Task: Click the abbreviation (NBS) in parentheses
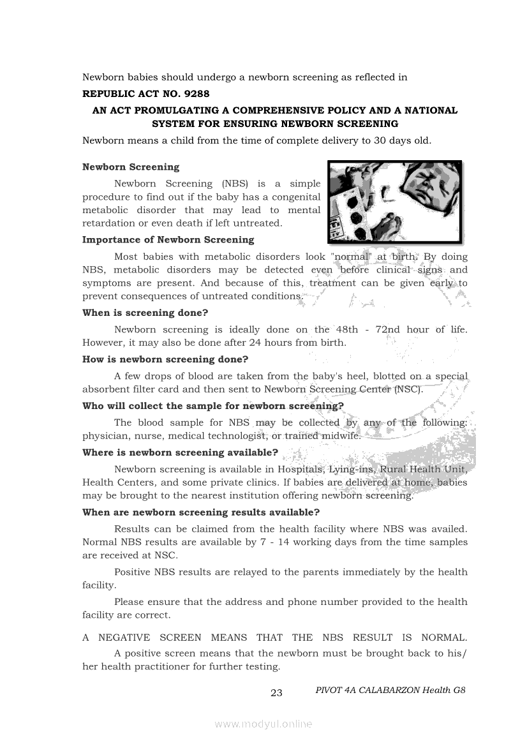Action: click(x=237, y=184)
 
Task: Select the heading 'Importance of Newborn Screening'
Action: click(x=168, y=240)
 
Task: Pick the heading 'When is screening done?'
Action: click(x=145, y=313)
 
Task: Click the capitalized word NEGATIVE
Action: click(x=124, y=638)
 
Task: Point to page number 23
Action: click(x=276, y=693)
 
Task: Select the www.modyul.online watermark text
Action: click(x=263, y=724)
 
